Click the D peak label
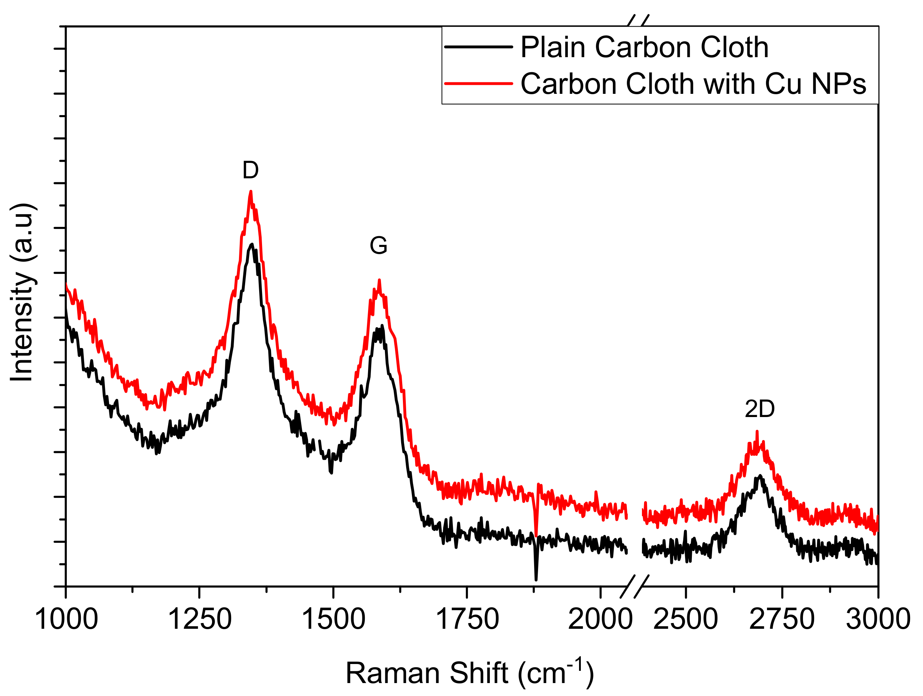tap(251, 170)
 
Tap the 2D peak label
tap(759, 409)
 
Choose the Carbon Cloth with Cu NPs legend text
tap(693, 84)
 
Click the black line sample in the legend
tap(479, 47)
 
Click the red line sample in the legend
tap(479, 83)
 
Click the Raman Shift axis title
tap(469, 672)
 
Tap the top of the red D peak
tap(251, 192)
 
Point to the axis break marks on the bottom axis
tap(634, 586)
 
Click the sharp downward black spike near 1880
tap(536, 578)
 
